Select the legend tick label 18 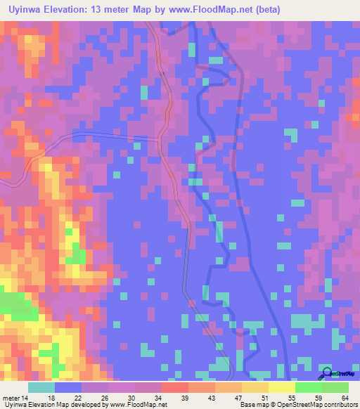point(51,398)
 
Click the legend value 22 point(77,398)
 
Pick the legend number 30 point(131,398)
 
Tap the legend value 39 point(185,398)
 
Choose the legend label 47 point(238,398)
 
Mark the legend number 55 point(292,398)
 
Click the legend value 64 point(345,398)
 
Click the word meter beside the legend point(11,398)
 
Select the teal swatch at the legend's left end point(41,387)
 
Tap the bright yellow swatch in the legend point(281,387)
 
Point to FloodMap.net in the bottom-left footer point(143,405)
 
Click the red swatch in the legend point(174,387)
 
